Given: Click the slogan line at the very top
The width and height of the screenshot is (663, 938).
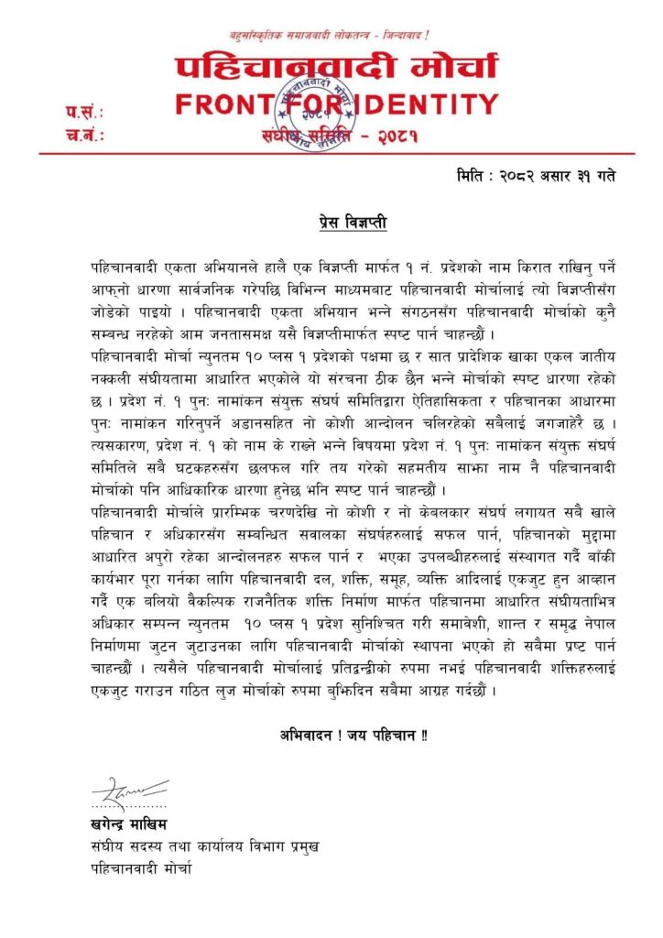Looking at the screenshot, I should pos(331,35).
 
